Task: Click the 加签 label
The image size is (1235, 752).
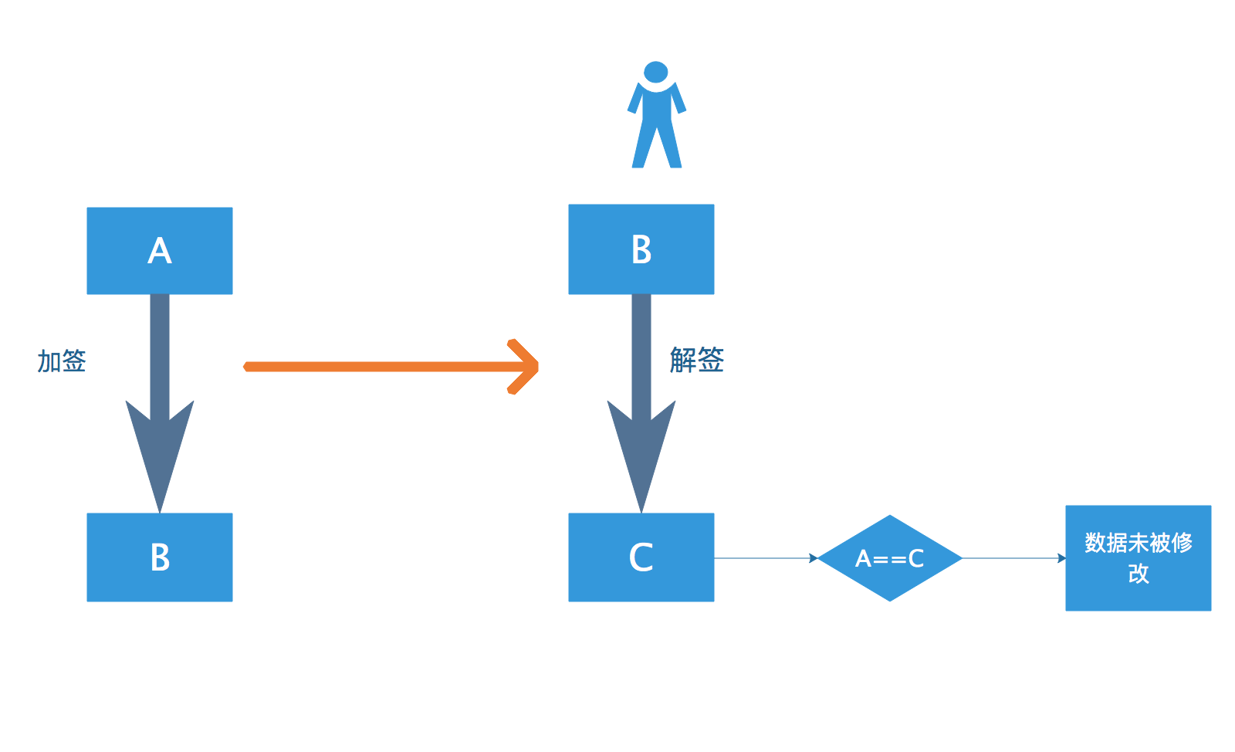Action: click(x=62, y=361)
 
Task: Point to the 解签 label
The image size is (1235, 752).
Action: click(x=696, y=360)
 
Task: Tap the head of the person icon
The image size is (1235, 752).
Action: click(x=655, y=72)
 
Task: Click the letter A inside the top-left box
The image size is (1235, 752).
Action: click(x=159, y=251)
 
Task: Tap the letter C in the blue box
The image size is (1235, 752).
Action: click(x=641, y=557)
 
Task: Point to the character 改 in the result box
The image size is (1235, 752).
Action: click(x=1138, y=574)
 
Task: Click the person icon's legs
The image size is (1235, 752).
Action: click(x=656, y=147)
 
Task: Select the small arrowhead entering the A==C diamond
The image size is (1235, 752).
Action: click(x=814, y=557)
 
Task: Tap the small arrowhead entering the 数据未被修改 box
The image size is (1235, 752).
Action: click(x=1061, y=557)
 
